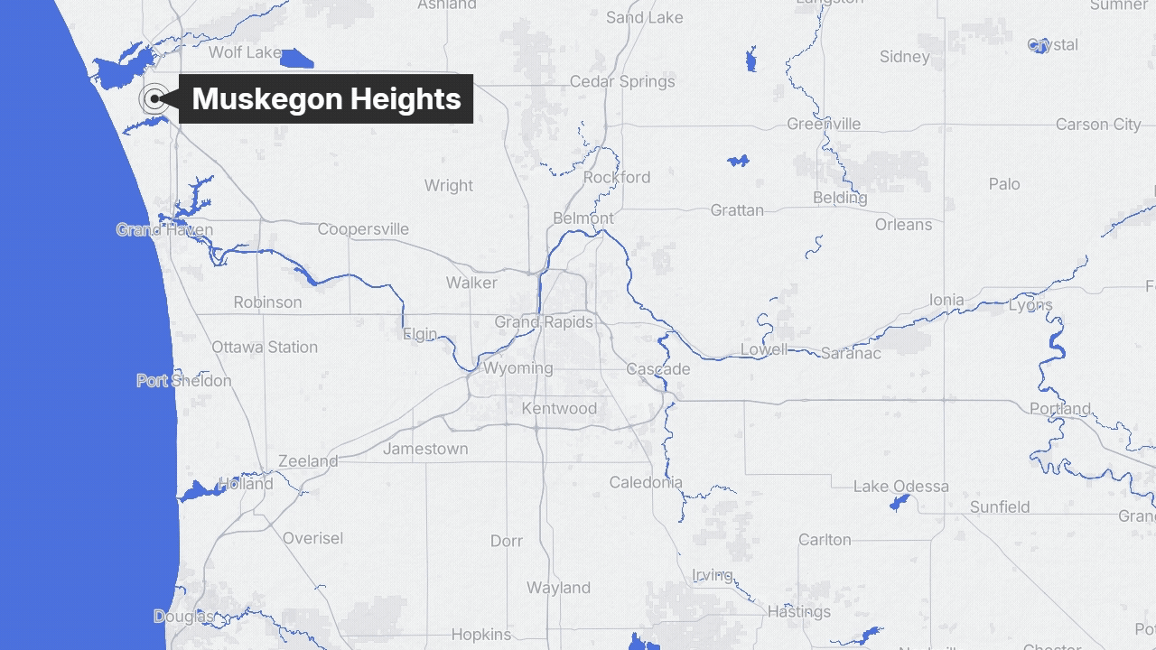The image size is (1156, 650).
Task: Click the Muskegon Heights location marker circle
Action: [x=154, y=98]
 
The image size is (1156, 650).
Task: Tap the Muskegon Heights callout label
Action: [x=326, y=98]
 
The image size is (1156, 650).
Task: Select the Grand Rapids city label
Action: [x=544, y=322]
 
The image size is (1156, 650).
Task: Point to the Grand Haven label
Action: [x=164, y=230]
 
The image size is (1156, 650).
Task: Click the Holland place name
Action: [x=245, y=484]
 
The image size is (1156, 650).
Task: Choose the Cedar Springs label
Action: [x=622, y=82]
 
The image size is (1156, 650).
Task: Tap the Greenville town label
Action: [x=824, y=124]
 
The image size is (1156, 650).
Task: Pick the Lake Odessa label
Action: [x=900, y=487]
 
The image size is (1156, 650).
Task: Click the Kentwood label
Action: [x=559, y=409]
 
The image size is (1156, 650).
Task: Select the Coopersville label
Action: [x=363, y=229]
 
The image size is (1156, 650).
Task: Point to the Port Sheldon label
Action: [x=184, y=381]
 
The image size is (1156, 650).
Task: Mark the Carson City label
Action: [x=1098, y=125]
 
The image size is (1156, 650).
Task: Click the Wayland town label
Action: [x=558, y=588]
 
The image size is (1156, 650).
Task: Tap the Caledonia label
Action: [x=646, y=483]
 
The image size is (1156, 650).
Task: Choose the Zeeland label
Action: [x=308, y=461]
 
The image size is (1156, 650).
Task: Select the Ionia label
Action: [x=946, y=300]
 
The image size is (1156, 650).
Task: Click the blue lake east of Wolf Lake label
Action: [x=296, y=60]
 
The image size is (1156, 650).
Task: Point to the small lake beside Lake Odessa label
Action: [x=899, y=503]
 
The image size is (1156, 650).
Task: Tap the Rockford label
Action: [x=617, y=177]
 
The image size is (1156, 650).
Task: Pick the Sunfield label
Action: [x=1000, y=507]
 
